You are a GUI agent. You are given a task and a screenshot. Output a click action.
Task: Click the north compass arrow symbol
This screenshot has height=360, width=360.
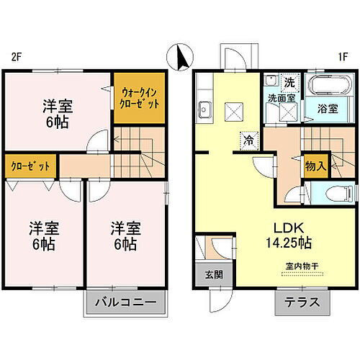179,55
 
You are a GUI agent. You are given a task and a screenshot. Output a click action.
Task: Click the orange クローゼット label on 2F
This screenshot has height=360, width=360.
30,166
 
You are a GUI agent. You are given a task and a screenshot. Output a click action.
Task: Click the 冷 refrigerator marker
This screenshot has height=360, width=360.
248,140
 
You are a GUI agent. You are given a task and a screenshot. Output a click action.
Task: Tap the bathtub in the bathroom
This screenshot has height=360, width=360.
330,88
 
